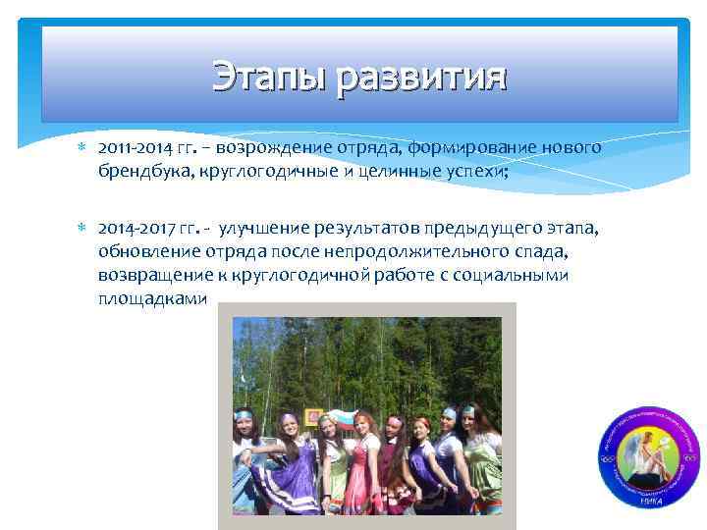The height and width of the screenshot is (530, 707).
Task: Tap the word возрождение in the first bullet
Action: (x=269, y=147)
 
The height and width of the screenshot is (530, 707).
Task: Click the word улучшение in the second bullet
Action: (x=263, y=230)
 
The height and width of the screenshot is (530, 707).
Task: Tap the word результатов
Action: (x=375, y=230)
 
